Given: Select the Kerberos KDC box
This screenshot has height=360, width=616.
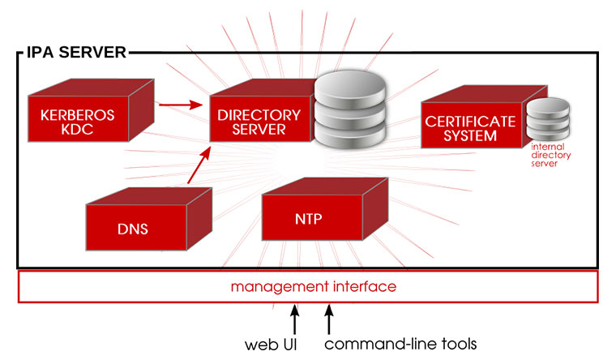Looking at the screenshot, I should click(81, 122).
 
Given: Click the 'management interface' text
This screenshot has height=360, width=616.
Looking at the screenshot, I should click(313, 287).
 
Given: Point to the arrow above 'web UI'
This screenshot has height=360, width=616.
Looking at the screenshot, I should click(294, 317).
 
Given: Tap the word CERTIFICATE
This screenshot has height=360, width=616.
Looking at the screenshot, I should click(471, 122).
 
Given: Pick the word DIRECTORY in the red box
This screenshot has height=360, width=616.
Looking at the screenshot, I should click(259, 114).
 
